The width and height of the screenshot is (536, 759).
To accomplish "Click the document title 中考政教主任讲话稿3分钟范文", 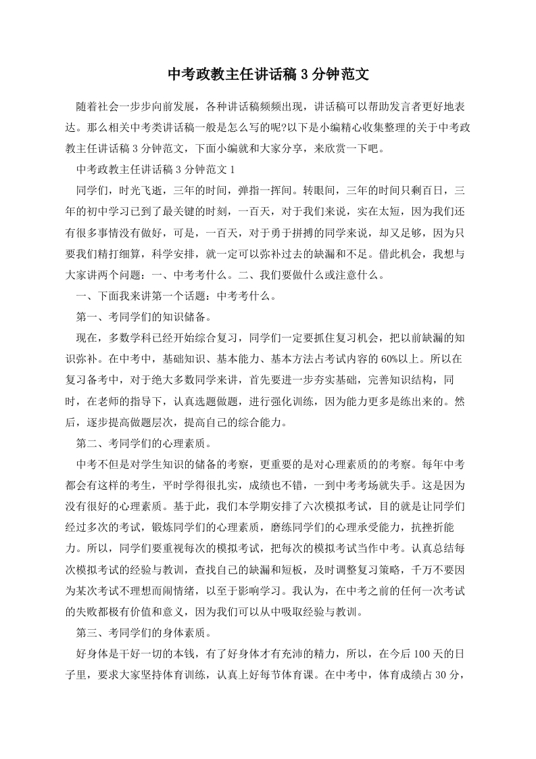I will click(x=268, y=74).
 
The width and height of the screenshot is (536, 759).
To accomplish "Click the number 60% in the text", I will click(x=385, y=354).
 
